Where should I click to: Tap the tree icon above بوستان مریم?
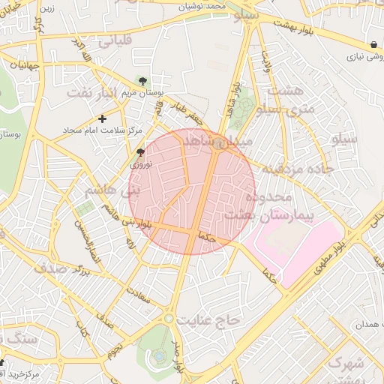pyautogui.click(x=143, y=81)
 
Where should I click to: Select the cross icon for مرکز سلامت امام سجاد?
pyautogui.click(x=103, y=118)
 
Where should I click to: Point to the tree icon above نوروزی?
pyautogui.click(x=141, y=152)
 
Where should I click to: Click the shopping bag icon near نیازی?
pyautogui.click(x=373, y=43)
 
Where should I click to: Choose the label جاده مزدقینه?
pyautogui.click(x=295, y=169)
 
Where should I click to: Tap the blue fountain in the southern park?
pyautogui.click(x=159, y=355)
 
